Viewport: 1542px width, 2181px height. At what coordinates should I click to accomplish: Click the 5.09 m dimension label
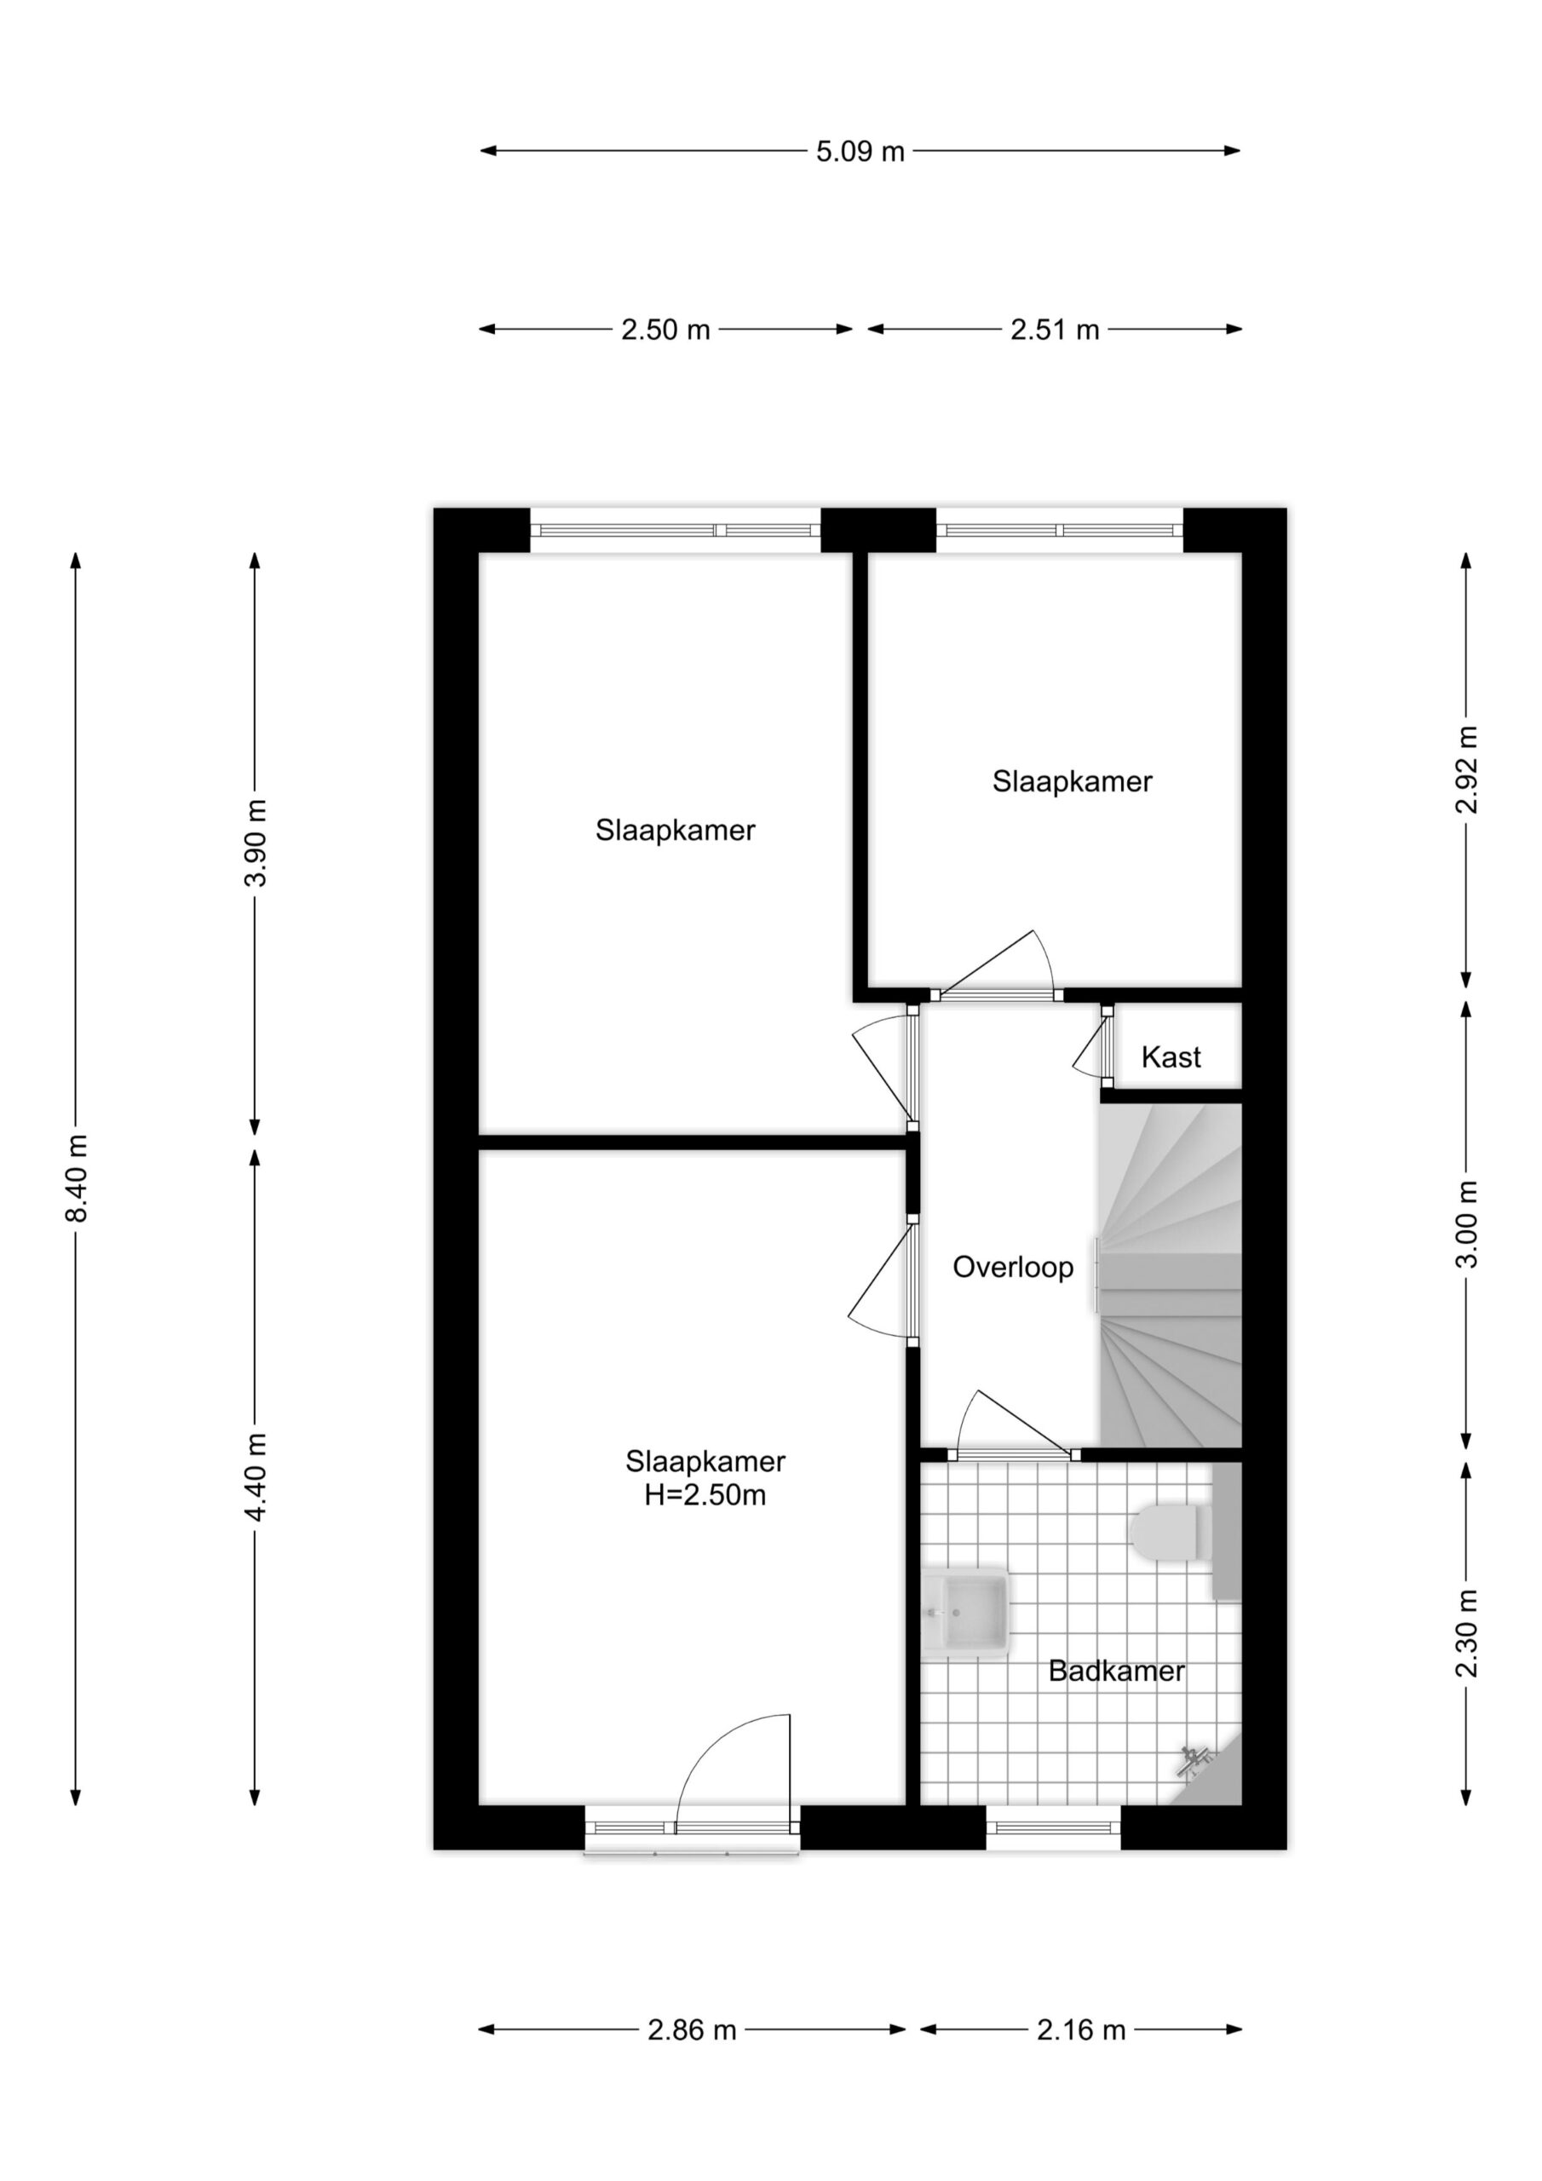coord(860,151)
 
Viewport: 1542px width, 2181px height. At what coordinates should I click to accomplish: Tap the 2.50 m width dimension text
coord(665,330)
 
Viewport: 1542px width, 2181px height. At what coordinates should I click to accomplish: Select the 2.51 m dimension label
coord(1055,330)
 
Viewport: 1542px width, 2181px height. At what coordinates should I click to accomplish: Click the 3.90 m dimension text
coord(255,843)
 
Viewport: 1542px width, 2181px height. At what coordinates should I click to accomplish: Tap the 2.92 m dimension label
coord(1467,769)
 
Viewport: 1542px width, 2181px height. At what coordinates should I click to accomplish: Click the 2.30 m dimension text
coord(1467,1633)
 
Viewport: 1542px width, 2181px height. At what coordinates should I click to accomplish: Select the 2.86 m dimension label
coord(692,2030)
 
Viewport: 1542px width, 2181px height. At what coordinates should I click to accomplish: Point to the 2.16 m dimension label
coord(1081,2030)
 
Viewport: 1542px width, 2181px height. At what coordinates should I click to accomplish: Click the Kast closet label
coord(1171,1057)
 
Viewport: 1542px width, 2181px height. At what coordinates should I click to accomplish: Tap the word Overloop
coord(1013,1267)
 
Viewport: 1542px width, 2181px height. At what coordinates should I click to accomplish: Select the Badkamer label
coord(1116,1671)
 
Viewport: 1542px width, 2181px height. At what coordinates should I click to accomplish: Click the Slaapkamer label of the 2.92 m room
coord(1072,782)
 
